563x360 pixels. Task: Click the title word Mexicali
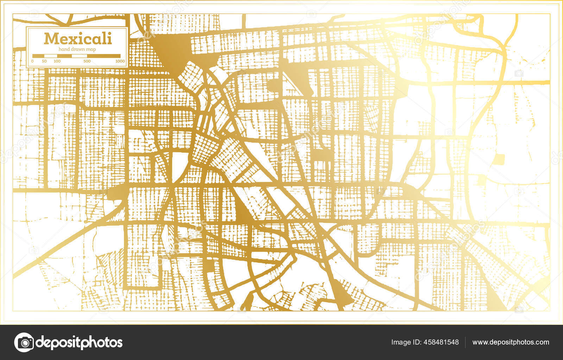pos(78,38)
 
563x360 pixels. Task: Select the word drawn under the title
pos(78,49)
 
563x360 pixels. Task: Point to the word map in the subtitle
pos(91,49)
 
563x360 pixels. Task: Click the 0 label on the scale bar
pos(32,61)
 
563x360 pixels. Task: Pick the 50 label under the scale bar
pos(44,61)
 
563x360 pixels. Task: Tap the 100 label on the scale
pos(57,61)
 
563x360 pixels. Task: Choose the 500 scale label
pos(87,61)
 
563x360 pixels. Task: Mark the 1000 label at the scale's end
pos(120,61)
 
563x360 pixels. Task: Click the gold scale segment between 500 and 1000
pos(103,56)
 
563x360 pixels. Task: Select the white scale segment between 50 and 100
pos(50,56)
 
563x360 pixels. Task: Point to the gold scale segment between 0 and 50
pos(38,56)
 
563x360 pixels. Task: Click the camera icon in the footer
pos(24,342)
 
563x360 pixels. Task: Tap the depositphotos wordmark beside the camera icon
pos(79,342)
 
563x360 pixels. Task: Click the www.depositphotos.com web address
pos(511,342)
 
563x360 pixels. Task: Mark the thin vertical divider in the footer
pos(466,342)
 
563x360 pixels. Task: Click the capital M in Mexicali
pos(51,38)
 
